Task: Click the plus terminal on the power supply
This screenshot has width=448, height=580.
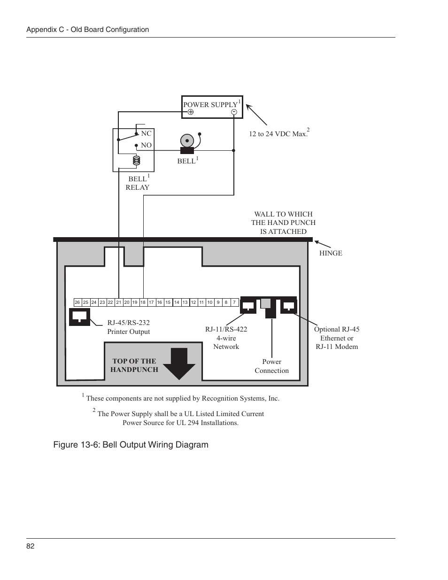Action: (191, 112)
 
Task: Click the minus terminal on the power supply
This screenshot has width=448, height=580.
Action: (234, 112)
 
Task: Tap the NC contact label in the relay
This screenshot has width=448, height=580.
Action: (146, 133)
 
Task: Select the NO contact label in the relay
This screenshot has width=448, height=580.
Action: (146, 145)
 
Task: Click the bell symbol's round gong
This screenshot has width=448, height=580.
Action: (187, 141)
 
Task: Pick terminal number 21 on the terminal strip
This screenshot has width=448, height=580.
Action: (119, 302)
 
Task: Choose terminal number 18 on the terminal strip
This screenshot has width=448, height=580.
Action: (143, 302)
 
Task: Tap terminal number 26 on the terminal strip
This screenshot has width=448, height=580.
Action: (77, 302)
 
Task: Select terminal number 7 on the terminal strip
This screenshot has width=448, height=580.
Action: (234, 302)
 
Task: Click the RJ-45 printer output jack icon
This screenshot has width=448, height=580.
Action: (79, 317)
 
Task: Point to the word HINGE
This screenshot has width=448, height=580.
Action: (331, 253)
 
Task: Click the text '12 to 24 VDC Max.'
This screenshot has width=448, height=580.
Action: (278, 134)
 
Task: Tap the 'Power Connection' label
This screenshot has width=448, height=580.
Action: (272, 366)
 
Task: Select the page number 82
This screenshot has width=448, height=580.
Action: (31, 546)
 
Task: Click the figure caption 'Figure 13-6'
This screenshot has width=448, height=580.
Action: (131, 444)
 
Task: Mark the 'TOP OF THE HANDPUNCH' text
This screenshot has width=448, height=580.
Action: (134, 365)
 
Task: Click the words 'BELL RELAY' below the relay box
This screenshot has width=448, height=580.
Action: (138, 183)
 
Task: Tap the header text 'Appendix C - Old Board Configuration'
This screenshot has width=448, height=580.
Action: (88, 30)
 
